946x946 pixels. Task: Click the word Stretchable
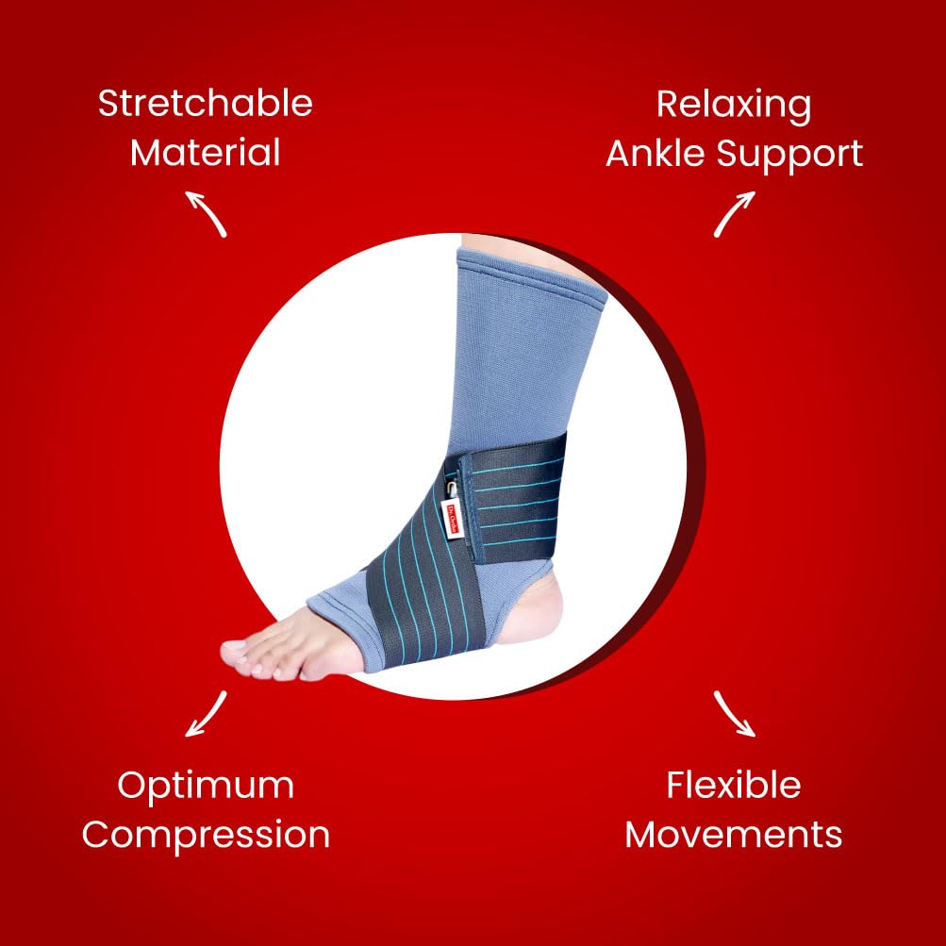click(x=205, y=104)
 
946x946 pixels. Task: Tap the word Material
click(x=205, y=153)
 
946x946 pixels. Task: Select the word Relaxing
click(x=733, y=104)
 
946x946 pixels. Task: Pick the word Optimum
click(x=206, y=785)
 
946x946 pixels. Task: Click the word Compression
click(x=206, y=835)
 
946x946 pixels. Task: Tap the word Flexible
click(x=733, y=785)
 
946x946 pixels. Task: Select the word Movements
click(x=733, y=835)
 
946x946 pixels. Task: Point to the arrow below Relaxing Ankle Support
click(x=734, y=213)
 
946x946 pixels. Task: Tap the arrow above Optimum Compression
click(x=207, y=713)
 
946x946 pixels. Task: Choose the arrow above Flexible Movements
click(x=734, y=713)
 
